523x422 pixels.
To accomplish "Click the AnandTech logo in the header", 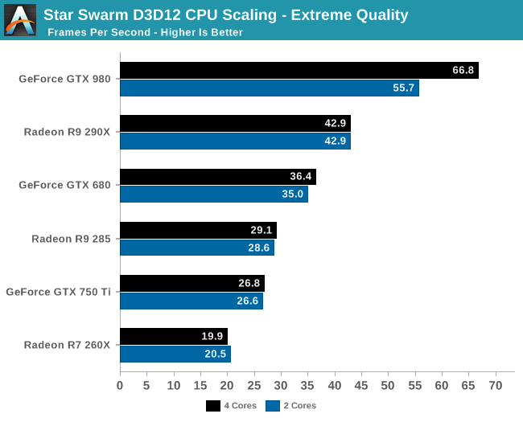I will pos(20,20).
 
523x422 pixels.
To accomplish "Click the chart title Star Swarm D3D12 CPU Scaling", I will pos(225,14).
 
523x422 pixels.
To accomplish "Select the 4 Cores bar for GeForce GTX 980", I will pos(299,71).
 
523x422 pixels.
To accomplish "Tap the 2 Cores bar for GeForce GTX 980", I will pos(269,88).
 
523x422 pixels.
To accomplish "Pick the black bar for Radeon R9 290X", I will pos(235,124).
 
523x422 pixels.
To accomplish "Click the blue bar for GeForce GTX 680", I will pos(213,195).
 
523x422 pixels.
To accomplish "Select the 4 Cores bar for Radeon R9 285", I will pos(198,230).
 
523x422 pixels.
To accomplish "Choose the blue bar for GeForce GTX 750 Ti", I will pos(191,301).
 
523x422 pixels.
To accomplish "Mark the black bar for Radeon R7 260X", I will pos(173,336).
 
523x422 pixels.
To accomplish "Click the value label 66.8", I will pos(463,71).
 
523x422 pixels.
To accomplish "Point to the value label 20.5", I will pos(216,354).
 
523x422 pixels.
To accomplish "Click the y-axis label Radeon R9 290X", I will pos(68,133).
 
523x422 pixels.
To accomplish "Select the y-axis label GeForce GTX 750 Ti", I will pos(58,292).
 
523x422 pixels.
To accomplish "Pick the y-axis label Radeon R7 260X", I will pos(68,345).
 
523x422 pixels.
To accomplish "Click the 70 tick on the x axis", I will pos(495,387).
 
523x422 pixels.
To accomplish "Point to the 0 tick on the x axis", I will pos(120,387).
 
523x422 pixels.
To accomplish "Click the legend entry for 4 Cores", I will pos(232,406).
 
